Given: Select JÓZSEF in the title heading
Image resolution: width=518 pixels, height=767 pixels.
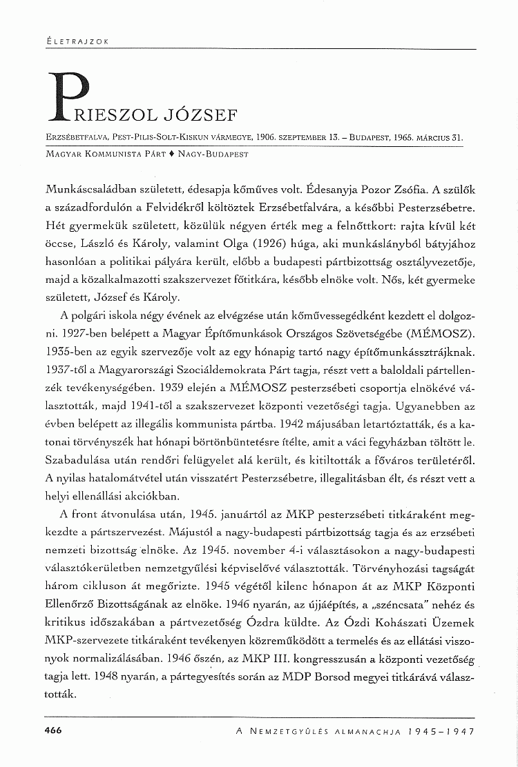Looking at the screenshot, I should (x=215, y=113).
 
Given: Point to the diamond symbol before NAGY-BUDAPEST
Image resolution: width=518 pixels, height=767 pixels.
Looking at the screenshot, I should (x=172, y=154).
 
